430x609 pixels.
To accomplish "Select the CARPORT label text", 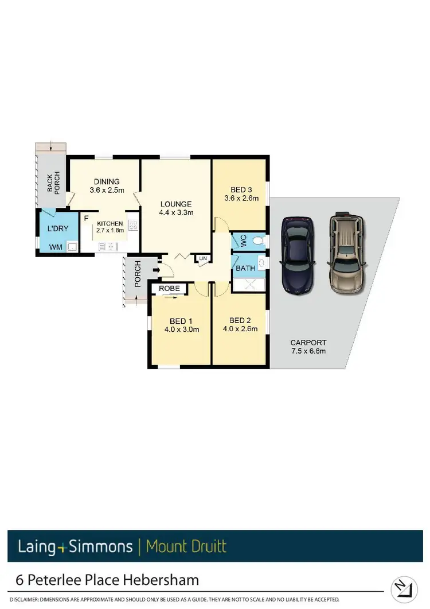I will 308,343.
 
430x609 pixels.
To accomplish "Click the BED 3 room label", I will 241,190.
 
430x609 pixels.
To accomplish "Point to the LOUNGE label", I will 175,204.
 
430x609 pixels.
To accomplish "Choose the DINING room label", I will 107,181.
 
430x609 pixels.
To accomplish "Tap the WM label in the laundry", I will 56,247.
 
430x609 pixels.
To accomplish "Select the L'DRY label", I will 57,229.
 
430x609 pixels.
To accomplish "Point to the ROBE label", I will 170,288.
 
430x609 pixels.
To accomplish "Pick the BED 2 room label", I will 240,320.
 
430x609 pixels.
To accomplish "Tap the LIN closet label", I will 202,259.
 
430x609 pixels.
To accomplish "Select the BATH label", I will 245,268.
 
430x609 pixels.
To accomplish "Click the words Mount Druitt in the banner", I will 186,545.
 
